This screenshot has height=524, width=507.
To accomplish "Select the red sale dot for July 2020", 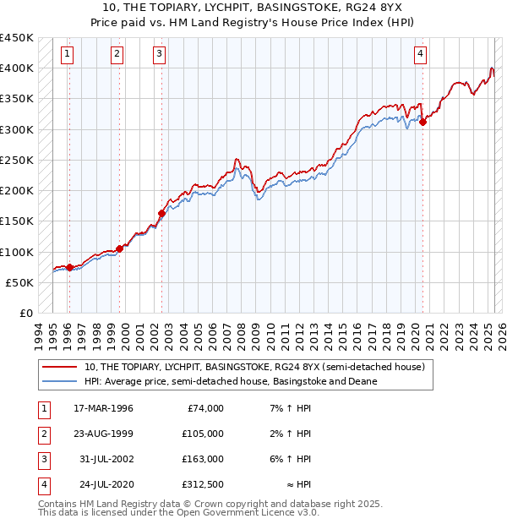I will (423, 122).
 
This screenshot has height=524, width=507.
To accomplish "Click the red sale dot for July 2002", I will (161, 213).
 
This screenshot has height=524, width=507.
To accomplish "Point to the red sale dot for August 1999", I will (119, 248).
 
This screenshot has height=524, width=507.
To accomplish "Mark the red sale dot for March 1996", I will (69, 267).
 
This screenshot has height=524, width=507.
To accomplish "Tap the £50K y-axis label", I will (20, 282).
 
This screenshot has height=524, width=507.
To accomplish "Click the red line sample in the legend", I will (60, 368).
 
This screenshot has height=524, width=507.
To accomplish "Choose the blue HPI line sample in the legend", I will (60, 382).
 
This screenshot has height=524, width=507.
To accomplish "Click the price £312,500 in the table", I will (203, 484).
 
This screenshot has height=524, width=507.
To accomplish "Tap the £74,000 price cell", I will (203, 408).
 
